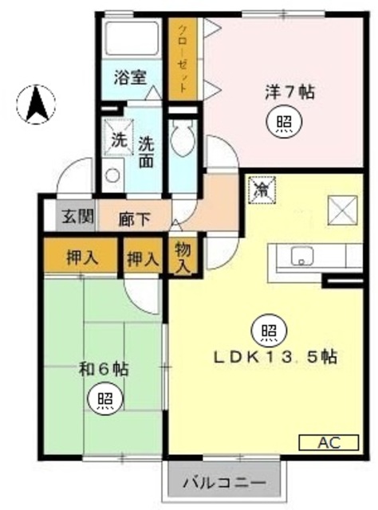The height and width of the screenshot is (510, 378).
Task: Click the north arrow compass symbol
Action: pyautogui.click(x=36, y=104)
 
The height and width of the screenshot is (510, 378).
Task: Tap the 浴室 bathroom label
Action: pyautogui.click(x=130, y=77)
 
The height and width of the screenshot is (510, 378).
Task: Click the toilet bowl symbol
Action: pyautogui.click(x=183, y=139)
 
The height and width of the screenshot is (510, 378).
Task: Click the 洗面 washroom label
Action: pyautogui.click(x=146, y=152)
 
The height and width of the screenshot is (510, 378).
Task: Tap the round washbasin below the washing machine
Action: pyautogui.click(x=112, y=175)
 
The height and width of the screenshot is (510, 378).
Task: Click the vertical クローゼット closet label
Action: pyautogui.click(x=183, y=58)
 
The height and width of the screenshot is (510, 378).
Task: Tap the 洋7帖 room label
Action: pyautogui.click(x=289, y=92)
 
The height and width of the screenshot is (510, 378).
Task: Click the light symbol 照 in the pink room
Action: pyautogui.click(x=284, y=122)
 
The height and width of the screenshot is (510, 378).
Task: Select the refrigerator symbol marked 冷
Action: pyautogui.click(x=262, y=190)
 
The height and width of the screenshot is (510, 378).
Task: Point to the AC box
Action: pyautogui.click(x=329, y=442)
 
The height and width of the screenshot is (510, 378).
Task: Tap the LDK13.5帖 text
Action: pyautogui.click(x=275, y=358)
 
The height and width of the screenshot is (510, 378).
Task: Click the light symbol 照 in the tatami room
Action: pyautogui.click(x=105, y=398)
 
